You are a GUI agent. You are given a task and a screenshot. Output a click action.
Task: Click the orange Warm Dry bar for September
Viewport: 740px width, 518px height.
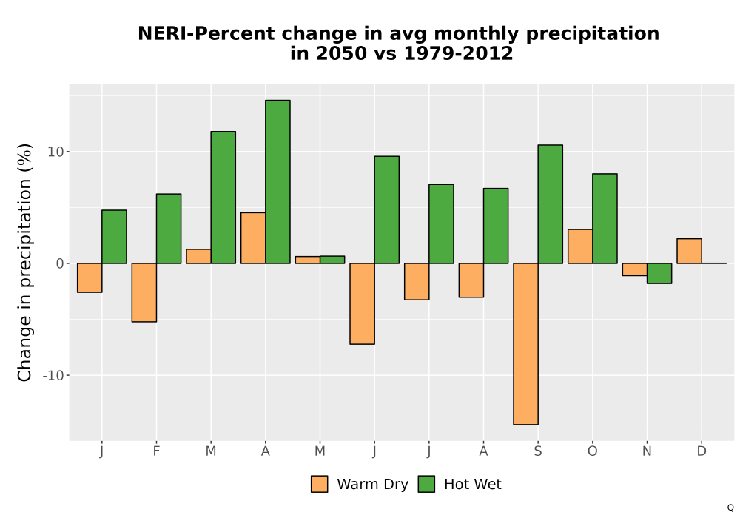click(x=525, y=344)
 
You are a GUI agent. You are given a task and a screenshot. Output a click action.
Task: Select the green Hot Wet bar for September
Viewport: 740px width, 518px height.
click(x=551, y=204)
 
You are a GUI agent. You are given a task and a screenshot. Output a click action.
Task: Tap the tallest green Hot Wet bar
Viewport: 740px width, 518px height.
click(x=277, y=181)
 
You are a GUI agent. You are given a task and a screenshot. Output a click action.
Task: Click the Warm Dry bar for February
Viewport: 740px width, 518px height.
click(x=144, y=292)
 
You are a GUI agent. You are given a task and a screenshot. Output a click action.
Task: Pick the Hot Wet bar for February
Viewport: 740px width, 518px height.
click(x=169, y=229)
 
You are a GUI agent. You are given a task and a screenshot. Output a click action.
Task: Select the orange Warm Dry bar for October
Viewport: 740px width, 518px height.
click(x=580, y=246)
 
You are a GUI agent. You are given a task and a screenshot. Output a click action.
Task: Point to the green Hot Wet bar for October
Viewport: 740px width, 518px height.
click(x=605, y=218)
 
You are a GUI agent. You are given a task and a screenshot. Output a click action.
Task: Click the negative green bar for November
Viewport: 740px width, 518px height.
click(x=659, y=273)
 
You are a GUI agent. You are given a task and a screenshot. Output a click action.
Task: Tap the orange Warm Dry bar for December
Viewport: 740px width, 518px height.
click(x=689, y=251)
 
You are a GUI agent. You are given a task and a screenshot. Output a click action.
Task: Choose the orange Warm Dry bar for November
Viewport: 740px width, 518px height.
click(x=635, y=269)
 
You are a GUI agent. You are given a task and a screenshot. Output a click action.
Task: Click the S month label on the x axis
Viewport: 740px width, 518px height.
click(x=538, y=451)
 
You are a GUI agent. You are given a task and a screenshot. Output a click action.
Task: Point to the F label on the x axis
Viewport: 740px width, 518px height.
click(x=156, y=451)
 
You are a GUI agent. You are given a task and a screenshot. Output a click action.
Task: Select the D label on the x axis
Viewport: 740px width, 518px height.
click(x=702, y=451)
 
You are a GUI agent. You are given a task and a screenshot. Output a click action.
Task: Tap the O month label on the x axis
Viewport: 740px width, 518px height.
click(x=592, y=451)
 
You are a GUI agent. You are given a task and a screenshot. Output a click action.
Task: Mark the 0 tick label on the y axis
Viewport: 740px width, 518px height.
click(x=60, y=263)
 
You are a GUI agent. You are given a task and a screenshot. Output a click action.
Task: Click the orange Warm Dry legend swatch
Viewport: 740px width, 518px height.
click(x=320, y=484)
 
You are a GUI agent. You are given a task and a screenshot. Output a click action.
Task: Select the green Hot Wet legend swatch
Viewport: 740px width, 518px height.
click(x=426, y=484)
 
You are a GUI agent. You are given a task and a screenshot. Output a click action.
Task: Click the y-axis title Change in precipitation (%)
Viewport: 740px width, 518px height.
click(x=24, y=262)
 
